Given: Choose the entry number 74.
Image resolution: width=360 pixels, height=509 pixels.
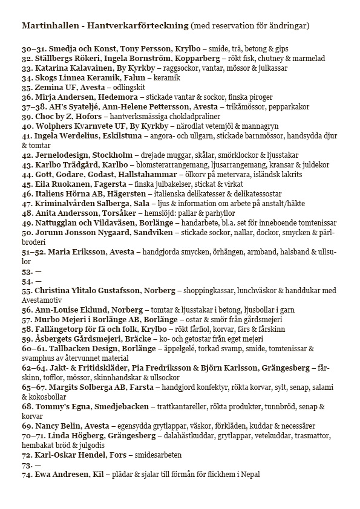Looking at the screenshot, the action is point(27,475).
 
